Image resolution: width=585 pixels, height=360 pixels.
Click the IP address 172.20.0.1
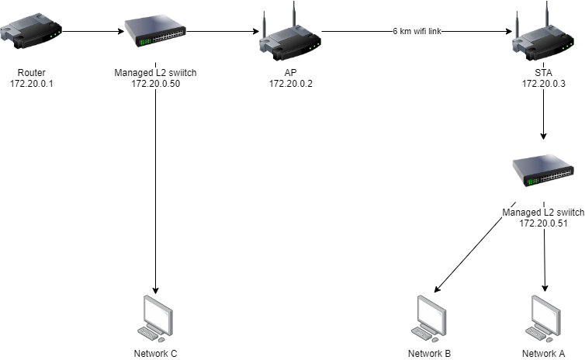(x=29, y=83)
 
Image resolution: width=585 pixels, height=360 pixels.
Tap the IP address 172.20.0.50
(x=156, y=83)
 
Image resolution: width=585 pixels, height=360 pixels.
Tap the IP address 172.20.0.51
(x=543, y=223)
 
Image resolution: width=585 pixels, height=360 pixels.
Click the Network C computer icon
(x=156, y=318)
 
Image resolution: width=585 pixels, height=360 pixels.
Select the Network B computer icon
(x=429, y=318)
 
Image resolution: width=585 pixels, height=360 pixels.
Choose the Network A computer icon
(x=543, y=318)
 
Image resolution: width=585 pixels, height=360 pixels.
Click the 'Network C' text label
(x=156, y=354)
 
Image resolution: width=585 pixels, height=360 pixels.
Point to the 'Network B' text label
(x=429, y=354)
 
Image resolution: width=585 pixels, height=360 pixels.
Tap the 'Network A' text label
(x=543, y=354)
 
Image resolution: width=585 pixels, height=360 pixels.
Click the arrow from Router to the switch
(x=92, y=33)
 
